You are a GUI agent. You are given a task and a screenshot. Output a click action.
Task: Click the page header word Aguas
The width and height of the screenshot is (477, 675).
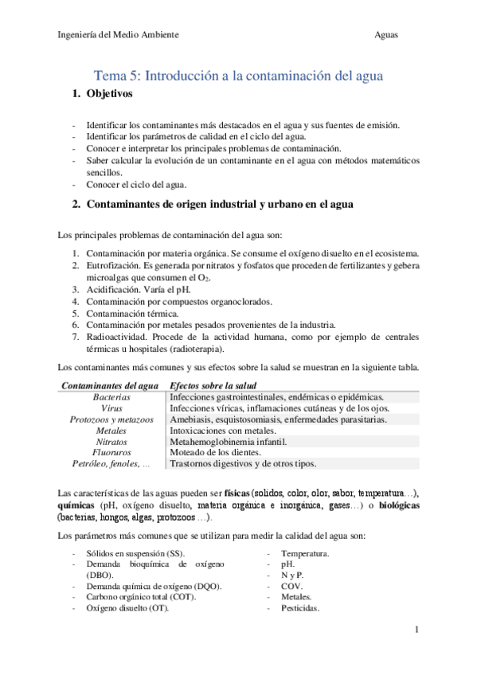click(386, 35)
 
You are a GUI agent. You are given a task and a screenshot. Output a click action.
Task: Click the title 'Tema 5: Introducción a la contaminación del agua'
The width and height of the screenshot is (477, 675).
click(239, 76)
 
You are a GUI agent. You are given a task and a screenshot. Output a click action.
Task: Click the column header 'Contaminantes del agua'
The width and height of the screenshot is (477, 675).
click(110, 385)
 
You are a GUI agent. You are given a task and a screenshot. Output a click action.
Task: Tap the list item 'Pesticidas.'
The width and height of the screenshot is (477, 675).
click(299, 608)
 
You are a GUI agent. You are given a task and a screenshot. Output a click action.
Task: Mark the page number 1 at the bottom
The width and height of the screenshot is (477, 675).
click(416, 630)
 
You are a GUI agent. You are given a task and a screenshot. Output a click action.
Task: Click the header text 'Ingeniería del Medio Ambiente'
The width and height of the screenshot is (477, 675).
click(119, 35)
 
